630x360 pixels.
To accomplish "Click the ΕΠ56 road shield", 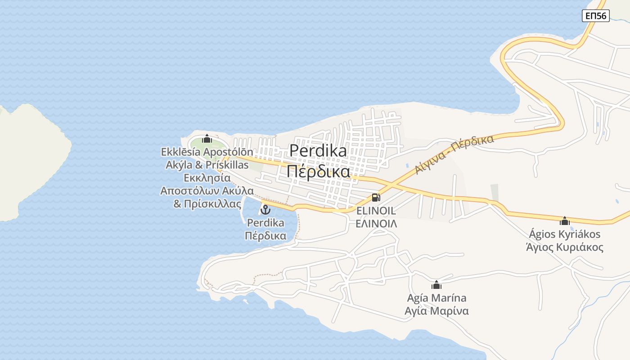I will [595, 16].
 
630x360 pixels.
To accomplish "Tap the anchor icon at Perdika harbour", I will [265, 209].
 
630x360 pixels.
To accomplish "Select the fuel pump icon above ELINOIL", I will [376, 197].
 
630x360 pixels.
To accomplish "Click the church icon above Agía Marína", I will [436, 285].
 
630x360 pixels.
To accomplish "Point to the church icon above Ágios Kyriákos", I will [565, 221].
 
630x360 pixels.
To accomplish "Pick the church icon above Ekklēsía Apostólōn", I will [207, 139].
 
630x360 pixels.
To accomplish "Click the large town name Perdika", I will [318, 151].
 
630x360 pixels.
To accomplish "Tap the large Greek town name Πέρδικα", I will [318, 171].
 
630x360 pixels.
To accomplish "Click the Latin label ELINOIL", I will [376, 211].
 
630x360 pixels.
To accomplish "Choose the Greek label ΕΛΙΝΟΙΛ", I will [376, 223].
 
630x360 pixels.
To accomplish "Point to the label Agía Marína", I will [436, 298].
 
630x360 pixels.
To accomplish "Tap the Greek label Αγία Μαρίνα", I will [436, 311].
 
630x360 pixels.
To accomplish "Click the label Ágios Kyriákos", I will [564, 234].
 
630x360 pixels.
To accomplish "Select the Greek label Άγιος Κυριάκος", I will [564, 247].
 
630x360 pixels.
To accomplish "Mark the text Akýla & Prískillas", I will [207, 165].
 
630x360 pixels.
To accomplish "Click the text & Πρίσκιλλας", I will [207, 204].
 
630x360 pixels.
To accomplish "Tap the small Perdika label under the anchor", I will [265, 223].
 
